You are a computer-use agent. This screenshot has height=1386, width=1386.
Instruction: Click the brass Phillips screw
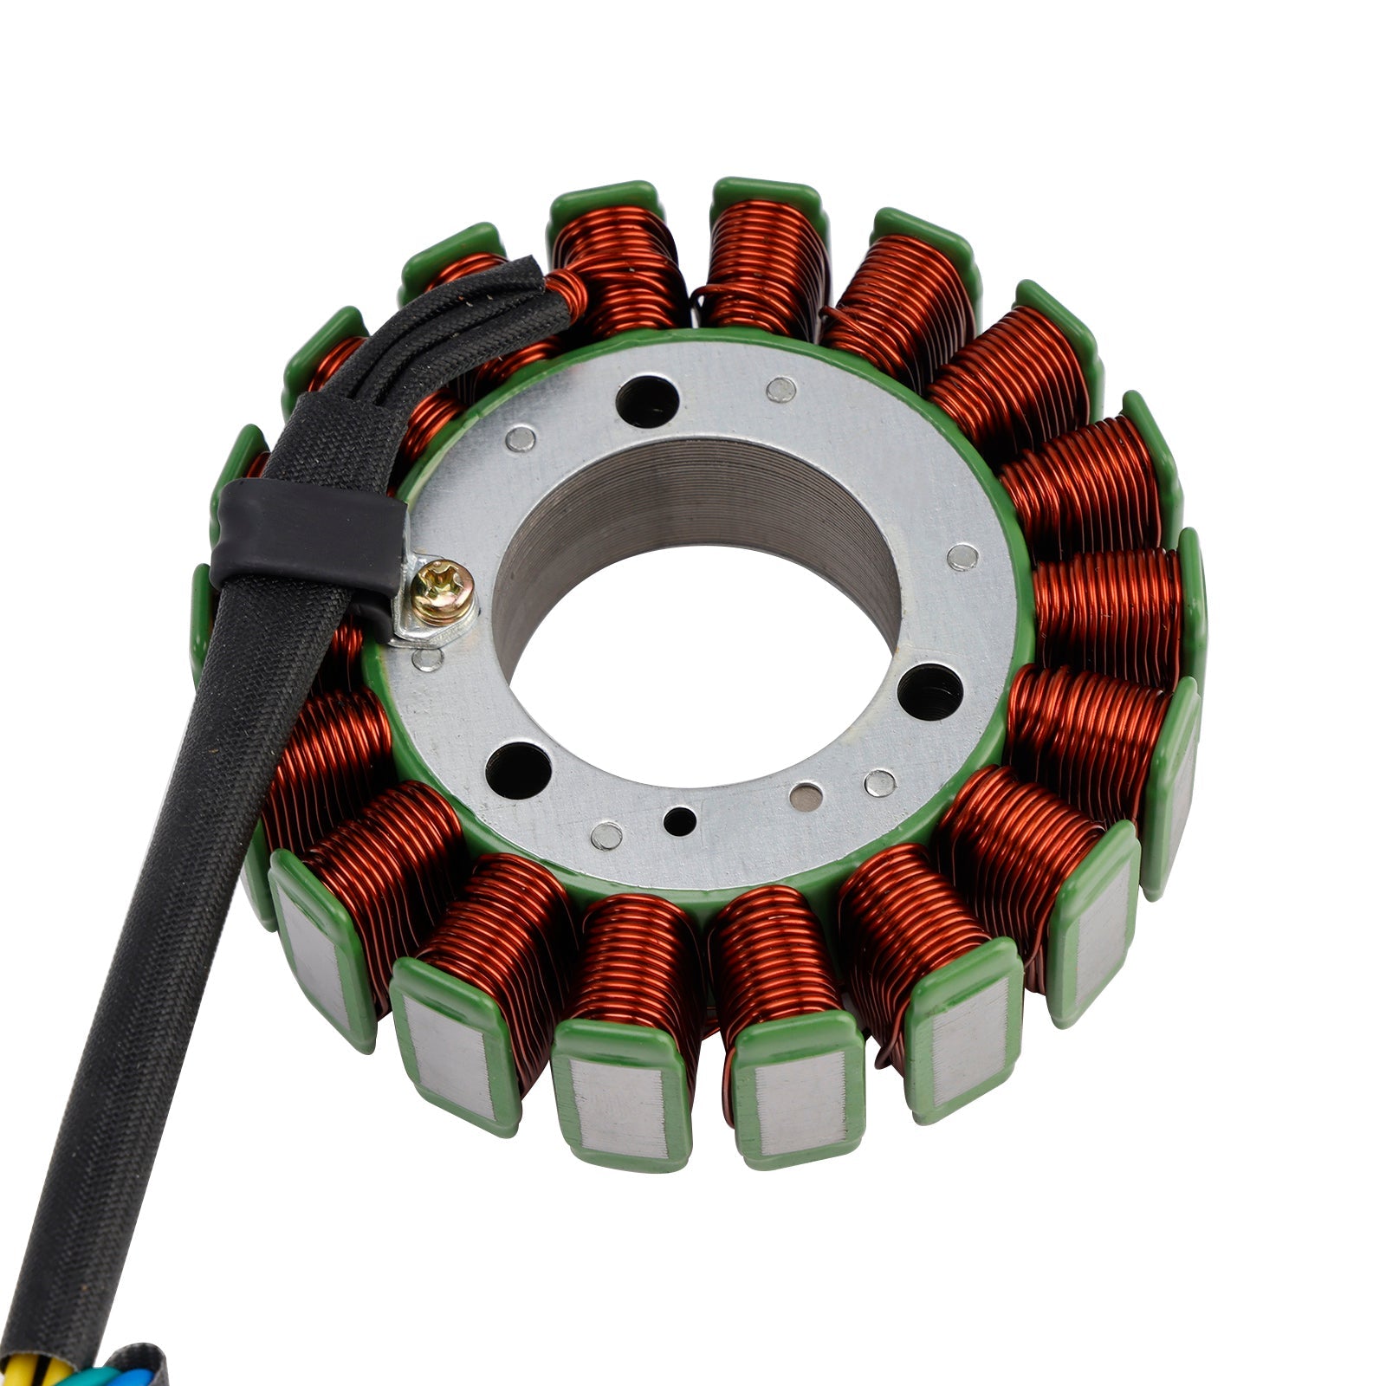pyautogui.click(x=442, y=593)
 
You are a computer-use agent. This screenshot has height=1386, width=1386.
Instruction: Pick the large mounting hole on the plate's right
pyautogui.click(x=930, y=691)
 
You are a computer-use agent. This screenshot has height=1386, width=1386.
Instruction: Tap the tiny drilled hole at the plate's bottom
pyautogui.click(x=680, y=819)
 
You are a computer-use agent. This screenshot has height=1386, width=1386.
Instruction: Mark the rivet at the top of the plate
pyautogui.click(x=781, y=390)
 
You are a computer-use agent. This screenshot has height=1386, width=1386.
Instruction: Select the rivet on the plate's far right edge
pyautogui.click(x=962, y=556)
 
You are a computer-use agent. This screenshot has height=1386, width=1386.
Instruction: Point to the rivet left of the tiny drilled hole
pyautogui.click(x=606, y=835)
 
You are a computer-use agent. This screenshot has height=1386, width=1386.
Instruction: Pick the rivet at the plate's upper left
pyautogui.click(x=520, y=439)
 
